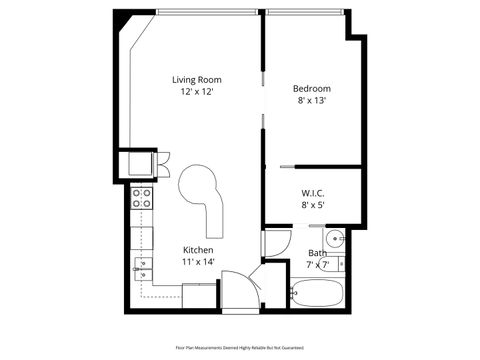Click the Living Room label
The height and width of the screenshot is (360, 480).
[x=196, y=79]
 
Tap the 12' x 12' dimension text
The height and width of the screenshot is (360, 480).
[x=196, y=92]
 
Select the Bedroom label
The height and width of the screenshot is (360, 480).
[x=312, y=86]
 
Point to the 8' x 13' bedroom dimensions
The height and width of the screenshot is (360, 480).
[x=312, y=100]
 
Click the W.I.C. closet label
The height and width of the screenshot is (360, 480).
[x=312, y=192]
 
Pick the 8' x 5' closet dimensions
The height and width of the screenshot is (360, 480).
[x=312, y=205]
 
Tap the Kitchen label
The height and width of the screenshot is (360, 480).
[x=197, y=249]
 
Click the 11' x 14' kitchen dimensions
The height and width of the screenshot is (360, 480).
[x=197, y=262]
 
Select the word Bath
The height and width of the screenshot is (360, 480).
[x=316, y=253]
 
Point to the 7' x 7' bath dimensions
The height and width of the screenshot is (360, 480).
[x=317, y=265]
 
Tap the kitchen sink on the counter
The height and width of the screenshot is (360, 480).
[x=142, y=267]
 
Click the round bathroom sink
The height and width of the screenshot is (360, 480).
[x=336, y=238]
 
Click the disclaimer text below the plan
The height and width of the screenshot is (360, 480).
[x=240, y=347]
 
